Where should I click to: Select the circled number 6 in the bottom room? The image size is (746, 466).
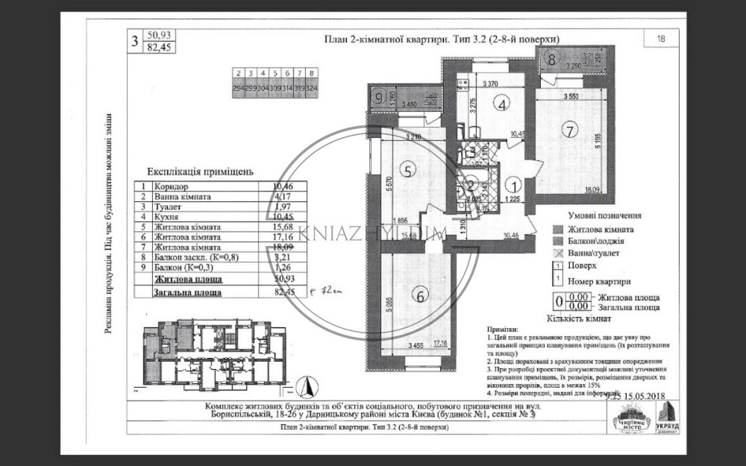[x=421, y=296]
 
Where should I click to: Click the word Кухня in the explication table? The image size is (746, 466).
[x=165, y=216]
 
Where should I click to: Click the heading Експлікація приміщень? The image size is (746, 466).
[x=195, y=171]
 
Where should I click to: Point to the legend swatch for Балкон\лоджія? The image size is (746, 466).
[x=557, y=242]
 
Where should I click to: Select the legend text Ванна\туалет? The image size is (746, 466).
[x=592, y=253]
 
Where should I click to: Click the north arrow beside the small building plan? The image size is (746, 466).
[x=304, y=386]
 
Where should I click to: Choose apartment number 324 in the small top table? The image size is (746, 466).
[x=311, y=86]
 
